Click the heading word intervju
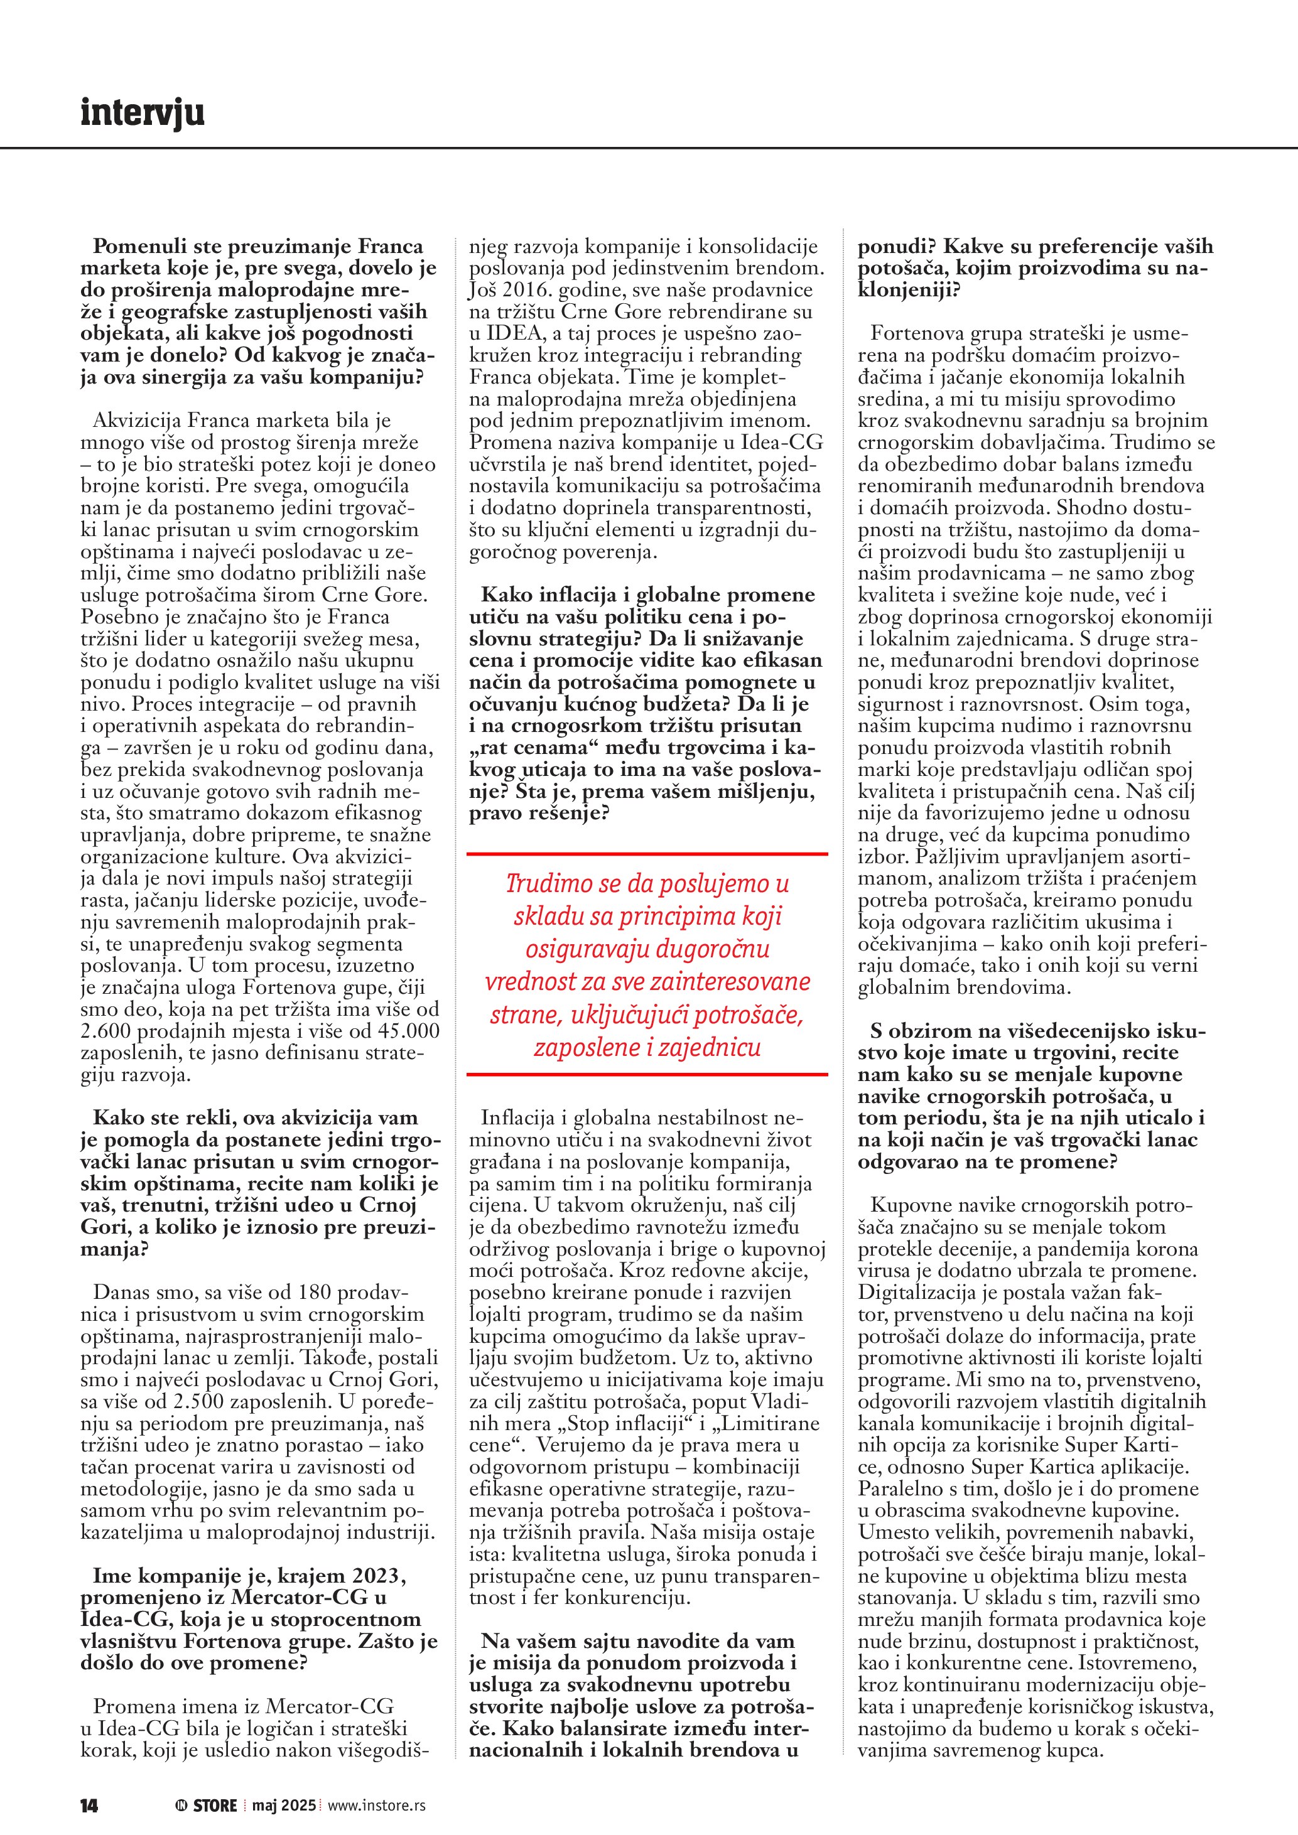point(143,113)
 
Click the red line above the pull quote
point(647,854)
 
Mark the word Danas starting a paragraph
point(121,1293)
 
